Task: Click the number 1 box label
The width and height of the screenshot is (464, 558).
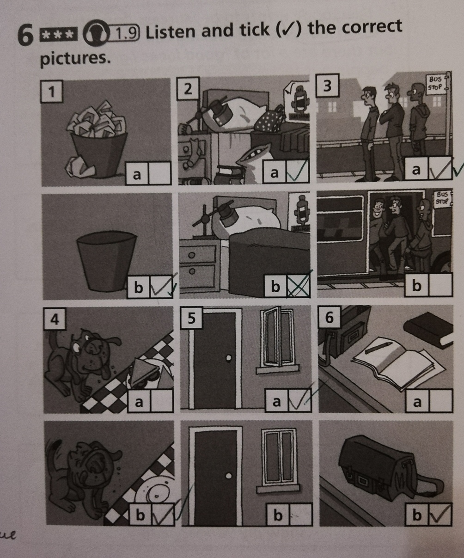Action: tap(52, 92)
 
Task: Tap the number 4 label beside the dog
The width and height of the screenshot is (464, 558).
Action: tap(55, 319)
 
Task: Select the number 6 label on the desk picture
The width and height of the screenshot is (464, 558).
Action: tap(329, 317)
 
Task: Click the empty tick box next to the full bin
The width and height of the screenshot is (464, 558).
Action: tap(159, 173)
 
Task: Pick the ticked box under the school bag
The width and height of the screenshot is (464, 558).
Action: tap(440, 515)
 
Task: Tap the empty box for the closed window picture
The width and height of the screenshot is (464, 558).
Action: tap(300, 515)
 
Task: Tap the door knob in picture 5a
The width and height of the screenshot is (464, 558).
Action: tap(229, 358)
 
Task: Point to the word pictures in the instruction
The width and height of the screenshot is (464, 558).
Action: tap(75, 59)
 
